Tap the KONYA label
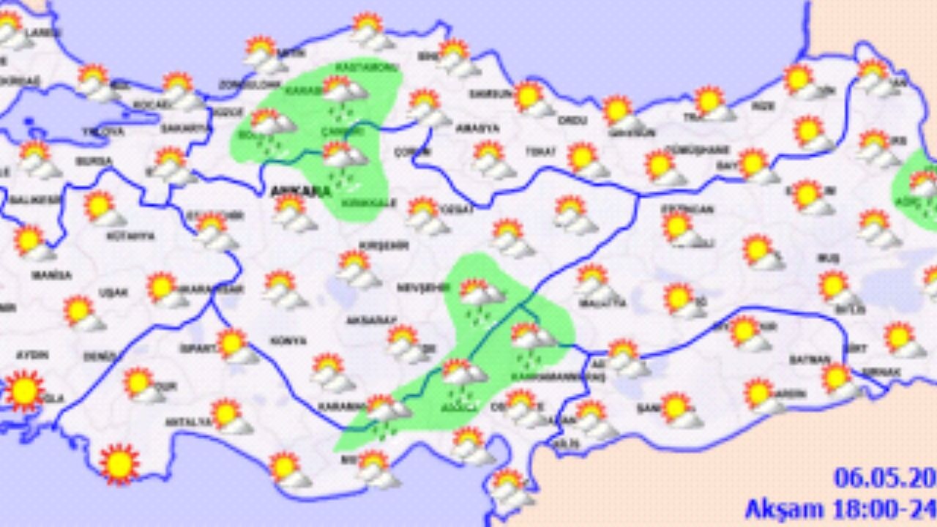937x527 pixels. pos(288,341)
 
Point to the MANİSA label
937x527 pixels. pos(52,275)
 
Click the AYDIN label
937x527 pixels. pos(32,355)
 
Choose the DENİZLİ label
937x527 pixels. pos(100,357)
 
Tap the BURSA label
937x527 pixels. pos(94,161)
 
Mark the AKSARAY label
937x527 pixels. pos(377,320)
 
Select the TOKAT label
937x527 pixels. pos(541,152)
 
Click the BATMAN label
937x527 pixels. pos(810,359)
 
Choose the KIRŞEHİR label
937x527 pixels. pos(384,246)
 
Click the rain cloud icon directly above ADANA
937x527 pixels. pos(463,375)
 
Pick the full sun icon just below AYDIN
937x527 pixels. pos(25,390)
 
